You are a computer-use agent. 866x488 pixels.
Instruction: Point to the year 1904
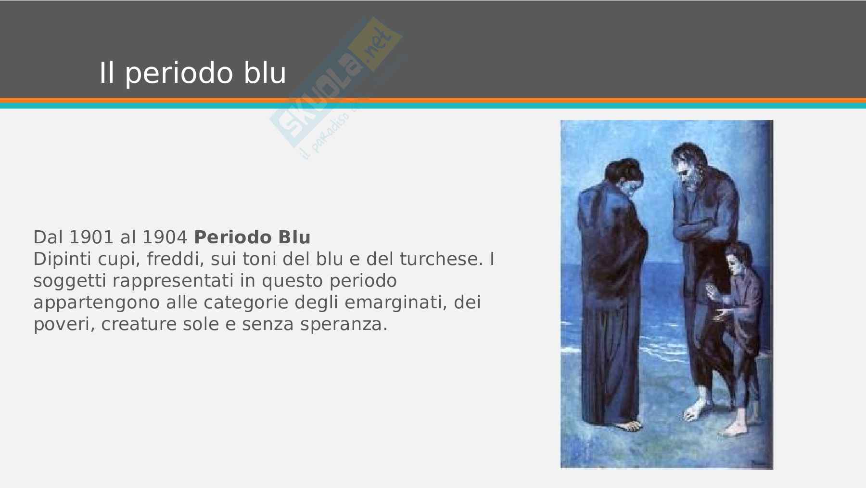pos(165,237)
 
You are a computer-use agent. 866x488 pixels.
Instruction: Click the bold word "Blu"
pos(294,237)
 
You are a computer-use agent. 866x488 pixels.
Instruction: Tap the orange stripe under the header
pos(433,100)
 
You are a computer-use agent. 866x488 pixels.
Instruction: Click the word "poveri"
pos(64,325)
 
